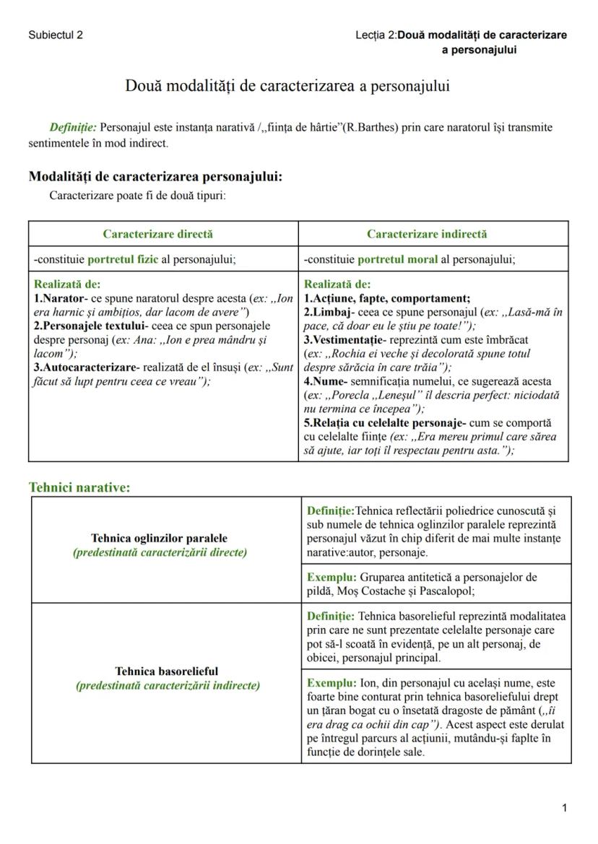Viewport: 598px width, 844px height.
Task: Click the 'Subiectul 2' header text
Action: coord(56,35)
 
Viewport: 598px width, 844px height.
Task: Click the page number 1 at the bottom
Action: coord(564,808)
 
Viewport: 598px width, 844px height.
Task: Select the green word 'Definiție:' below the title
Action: coord(73,128)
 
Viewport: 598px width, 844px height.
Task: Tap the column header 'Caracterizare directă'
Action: coord(157,234)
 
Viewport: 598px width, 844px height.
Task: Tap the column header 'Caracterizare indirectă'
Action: coord(427,234)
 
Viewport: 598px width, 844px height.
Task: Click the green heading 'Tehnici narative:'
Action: coord(79,487)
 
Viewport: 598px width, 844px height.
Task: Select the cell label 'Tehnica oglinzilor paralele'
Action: coord(159,539)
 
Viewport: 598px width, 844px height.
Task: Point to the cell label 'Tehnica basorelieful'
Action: coord(167,671)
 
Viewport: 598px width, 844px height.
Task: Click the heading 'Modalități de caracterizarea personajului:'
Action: coord(155,176)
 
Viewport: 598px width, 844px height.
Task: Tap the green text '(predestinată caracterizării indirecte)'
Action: coord(168,685)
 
